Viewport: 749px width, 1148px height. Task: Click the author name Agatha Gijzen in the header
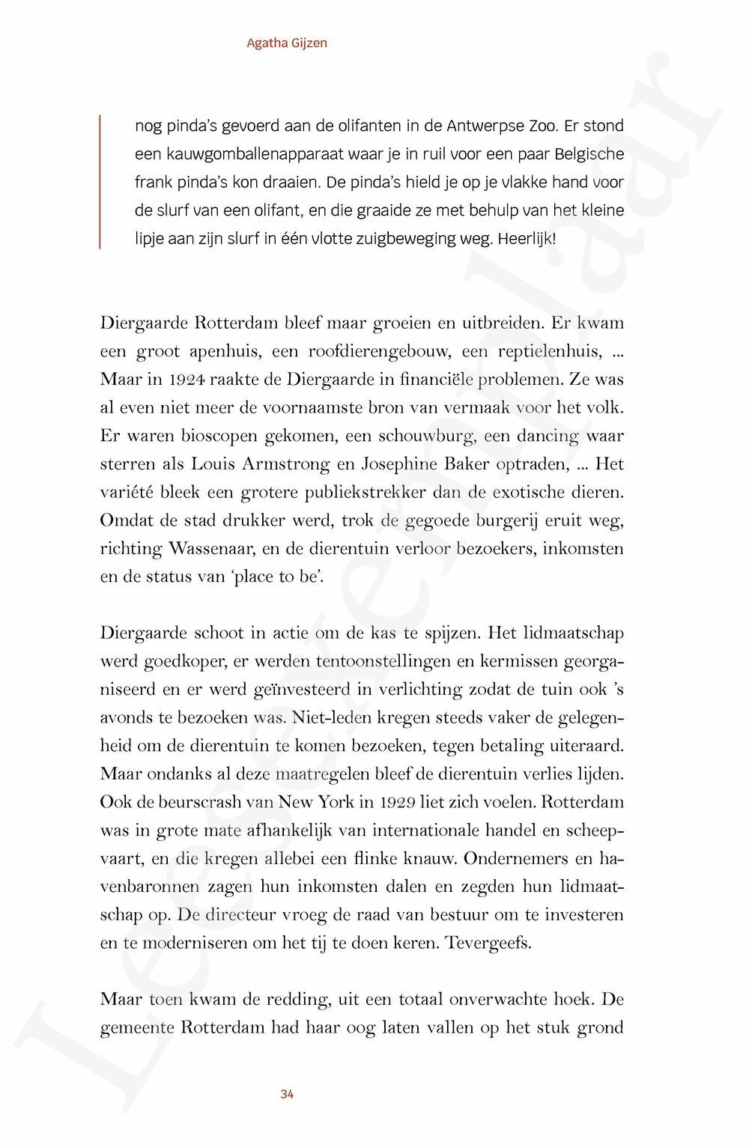pos(287,43)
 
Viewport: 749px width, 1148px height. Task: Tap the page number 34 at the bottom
pos(287,1094)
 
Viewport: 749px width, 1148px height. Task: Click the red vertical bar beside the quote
pos(100,181)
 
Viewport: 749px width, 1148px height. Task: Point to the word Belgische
pos(589,154)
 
